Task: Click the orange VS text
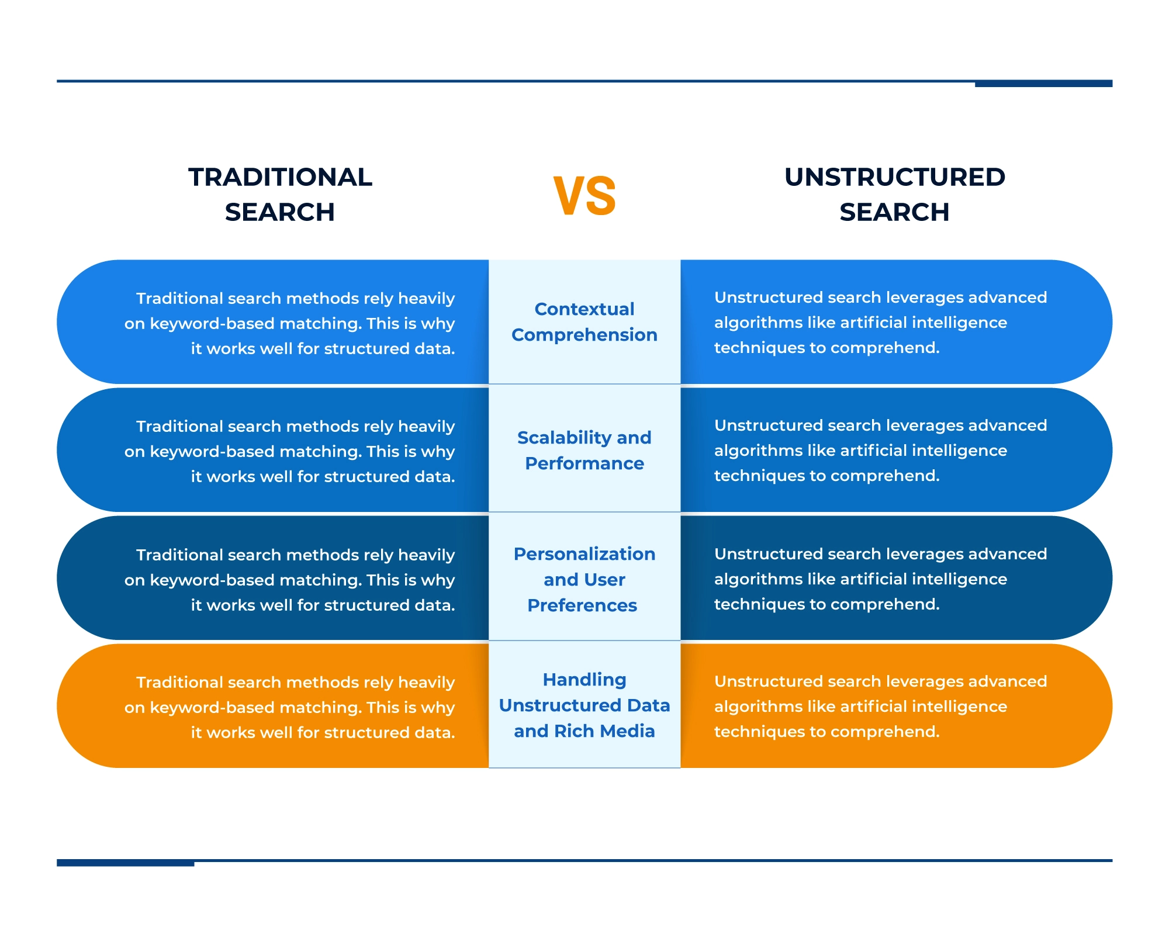[x=584, y=196]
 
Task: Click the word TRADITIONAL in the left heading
[x=280, y=177]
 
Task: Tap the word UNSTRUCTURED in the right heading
[x=894, y=177]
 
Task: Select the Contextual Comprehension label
[x=584, y=321]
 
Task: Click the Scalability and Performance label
[x=584, y=450]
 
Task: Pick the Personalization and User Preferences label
[x=584, y=579]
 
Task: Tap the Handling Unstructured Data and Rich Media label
[x=584, y=705]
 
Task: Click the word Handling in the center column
[x=584, y=680]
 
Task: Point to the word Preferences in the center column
[x=582, y=605]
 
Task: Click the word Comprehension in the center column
[x=584, y=335]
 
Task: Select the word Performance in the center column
[x=584, y=463]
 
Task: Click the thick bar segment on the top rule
[x=1043, y=84]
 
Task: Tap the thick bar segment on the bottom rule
[x=125, y=863]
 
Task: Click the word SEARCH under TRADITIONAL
[x=280, y=212]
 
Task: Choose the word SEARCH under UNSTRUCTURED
[x=894, y=212]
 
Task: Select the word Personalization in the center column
[x=584, y=554]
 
